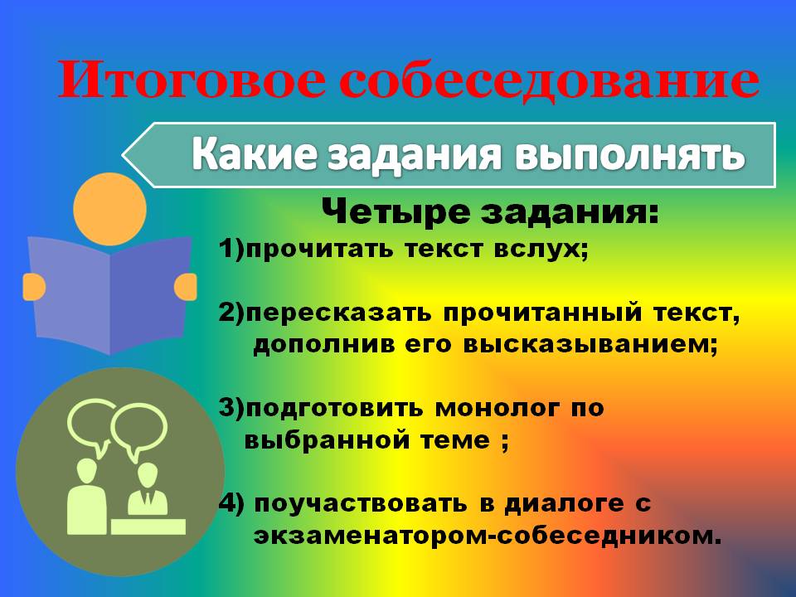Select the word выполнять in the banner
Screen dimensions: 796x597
point(629,154)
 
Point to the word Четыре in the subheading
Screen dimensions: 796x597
point(396,212)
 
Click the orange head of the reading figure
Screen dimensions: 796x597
point(109,209)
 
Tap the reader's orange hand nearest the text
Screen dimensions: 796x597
point(185,287)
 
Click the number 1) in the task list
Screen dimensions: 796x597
point(232,250)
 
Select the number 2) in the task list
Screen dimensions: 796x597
point(232,313)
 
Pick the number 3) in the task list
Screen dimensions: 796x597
point(232,408)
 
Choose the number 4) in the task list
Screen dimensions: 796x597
point(232,503)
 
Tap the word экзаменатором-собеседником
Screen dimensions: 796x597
point(488,536)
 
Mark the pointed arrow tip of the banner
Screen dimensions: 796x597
point(124,155)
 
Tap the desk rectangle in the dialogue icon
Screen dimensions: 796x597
point(148,527)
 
